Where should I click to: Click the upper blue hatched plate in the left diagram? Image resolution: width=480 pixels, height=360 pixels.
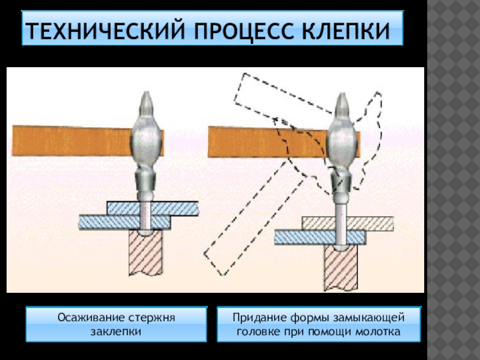[x=174, y=208]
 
